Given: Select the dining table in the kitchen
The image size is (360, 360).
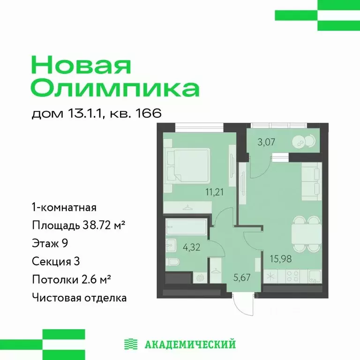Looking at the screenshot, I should coord(304,233).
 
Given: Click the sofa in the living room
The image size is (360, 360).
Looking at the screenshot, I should coord(310,181).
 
